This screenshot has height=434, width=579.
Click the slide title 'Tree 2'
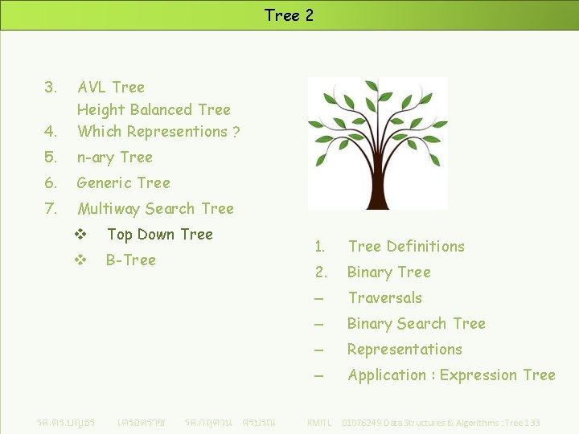tap(289, 15)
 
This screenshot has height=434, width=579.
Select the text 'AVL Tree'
tap(111, 87)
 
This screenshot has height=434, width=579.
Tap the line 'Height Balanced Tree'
tap(154, 109)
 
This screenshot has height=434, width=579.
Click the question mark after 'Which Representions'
tap(236, 132)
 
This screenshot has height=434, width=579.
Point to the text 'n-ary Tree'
tap(114, 157)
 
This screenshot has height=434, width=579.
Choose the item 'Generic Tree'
tap(123, 182)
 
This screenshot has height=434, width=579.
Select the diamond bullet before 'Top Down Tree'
tap(80, 235)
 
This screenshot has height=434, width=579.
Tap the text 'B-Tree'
tap(130, 260)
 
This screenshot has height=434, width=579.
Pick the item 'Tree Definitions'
tap(406, 246)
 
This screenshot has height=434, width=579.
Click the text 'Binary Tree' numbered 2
tap(388, 272)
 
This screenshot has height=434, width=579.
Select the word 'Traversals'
tap(384, 297)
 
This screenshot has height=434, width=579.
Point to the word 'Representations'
tap(404, 350)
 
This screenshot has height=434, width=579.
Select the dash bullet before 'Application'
tap(319, 375)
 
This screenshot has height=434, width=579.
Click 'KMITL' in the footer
tap(319, 423)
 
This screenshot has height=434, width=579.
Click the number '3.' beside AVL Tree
tap(51, 87)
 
